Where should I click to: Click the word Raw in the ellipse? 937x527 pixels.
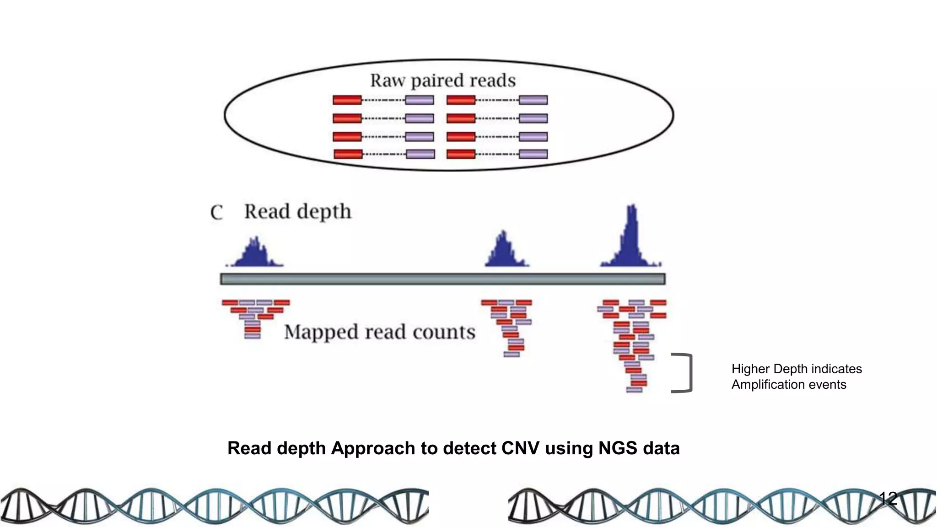coord(387,81)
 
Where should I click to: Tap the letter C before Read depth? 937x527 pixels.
coord(216,213)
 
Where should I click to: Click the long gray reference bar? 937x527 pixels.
coord(442,279)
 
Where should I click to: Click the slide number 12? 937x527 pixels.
coord(888,498)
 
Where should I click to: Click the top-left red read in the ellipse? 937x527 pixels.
coord(347,100)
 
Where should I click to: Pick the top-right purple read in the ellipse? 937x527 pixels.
coord(533,100)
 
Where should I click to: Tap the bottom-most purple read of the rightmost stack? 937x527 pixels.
coord(634,390)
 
